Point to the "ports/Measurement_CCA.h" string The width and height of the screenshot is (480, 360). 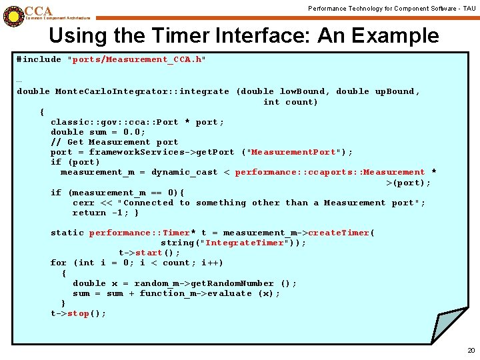[137, 59]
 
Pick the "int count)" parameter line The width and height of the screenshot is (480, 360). [291, 102]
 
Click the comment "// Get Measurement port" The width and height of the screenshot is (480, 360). [114, 142]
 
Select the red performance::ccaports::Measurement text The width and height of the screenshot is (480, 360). [329, 172]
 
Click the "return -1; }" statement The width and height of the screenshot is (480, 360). [105, 213]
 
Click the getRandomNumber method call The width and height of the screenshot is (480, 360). [226, 283]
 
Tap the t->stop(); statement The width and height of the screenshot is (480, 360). [78, 313]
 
